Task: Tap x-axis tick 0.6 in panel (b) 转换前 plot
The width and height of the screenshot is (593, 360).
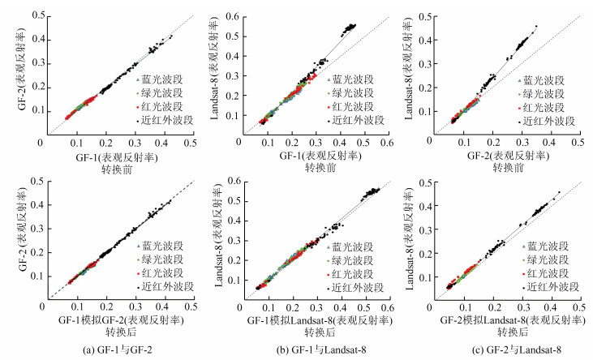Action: click(385, 142)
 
